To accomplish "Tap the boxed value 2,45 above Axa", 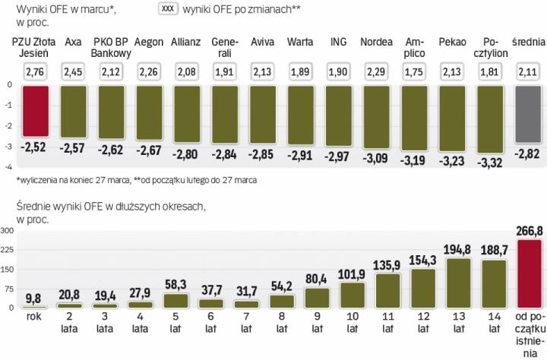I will point(74,72).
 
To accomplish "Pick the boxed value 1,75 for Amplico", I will point(414,72).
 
